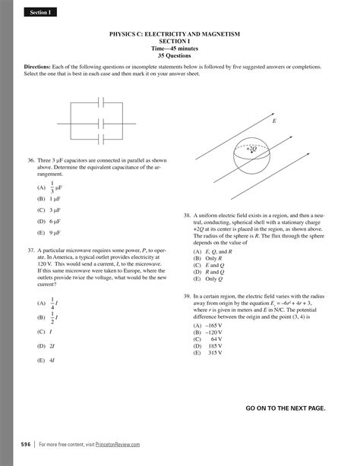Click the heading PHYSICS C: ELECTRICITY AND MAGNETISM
(179, 35)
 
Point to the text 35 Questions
(179, 55)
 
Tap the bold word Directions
(38, 67)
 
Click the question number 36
(30, 161)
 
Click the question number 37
(30, 249)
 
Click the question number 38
(187, 216)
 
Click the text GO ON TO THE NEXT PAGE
(285, 408)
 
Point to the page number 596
(26, 444)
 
